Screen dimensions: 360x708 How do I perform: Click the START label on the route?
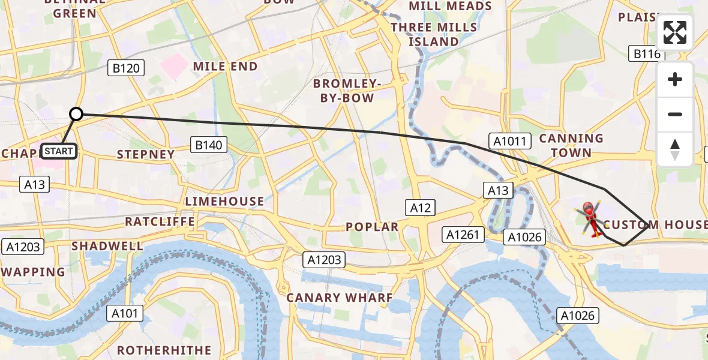coord(59,151)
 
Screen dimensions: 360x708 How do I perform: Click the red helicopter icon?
coord(590,218)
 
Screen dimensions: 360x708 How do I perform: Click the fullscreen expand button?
coord(675,32)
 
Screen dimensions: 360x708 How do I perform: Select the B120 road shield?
coord(126,68)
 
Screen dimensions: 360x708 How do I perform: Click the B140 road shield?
coord(209,145)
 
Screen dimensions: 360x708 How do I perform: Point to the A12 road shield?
coord(421,208)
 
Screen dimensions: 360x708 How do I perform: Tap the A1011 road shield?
coord(510,142)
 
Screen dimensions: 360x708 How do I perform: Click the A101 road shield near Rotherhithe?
coord(125,313)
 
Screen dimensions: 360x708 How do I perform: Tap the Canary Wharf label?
coord(340,298)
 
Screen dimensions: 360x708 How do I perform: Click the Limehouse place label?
coord(224,202)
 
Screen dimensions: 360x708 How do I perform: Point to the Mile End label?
coord(225,67)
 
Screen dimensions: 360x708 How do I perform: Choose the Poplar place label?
coord(372,227)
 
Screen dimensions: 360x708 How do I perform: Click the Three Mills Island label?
coord(434,34)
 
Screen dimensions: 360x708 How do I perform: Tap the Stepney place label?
coord(146,154)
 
